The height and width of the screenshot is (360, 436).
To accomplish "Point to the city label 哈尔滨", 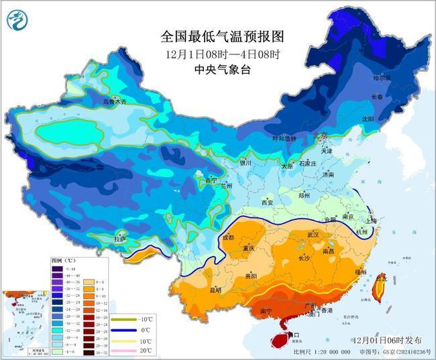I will [382, 78].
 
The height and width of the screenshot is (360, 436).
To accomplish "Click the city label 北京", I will [320, 136].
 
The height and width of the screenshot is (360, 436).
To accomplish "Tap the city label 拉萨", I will [120, 238].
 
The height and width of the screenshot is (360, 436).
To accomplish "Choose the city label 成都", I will [227, 237].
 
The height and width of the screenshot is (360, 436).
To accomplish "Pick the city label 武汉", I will [313, 235].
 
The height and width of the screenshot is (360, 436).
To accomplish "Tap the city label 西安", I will [267, 202].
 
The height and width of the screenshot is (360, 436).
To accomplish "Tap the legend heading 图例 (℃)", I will [64, 259].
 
